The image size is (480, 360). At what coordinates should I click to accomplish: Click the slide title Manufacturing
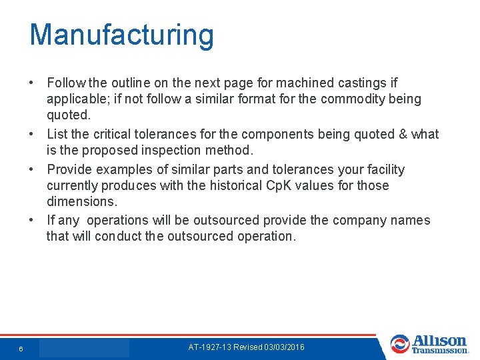(x=121, y=35)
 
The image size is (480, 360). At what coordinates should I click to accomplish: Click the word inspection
(x=176, y=150)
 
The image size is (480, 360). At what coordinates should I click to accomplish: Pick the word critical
(x=113, y=134)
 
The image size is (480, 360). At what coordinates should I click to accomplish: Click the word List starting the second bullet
(x=58, y=134)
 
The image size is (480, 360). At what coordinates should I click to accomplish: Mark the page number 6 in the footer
(x=21, y=349)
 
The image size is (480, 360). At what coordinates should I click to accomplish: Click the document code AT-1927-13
(x=211, y=347)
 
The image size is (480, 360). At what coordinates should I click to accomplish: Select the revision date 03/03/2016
(x=285, y=347)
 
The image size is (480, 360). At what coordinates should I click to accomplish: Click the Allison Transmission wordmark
(x=440, y=344)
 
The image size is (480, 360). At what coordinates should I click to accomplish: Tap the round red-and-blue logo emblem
(x=400, y=344)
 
